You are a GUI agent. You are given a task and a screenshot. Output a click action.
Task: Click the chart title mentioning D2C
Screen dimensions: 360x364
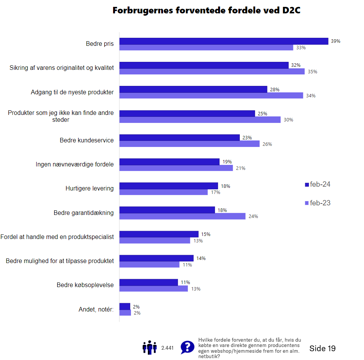coord(206,11)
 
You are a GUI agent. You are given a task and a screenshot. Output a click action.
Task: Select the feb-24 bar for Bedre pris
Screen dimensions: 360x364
coord(223,41)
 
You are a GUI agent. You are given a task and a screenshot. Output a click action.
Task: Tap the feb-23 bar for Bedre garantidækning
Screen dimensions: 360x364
coord(182,216)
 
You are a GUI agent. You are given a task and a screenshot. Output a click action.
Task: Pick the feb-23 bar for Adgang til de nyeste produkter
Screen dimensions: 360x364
coord(211,96)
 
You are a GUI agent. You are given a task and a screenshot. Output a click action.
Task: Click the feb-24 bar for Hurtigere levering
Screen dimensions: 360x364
coord(168,186)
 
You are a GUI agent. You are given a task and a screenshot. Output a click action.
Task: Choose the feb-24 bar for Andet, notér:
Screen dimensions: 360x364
coord(125,307)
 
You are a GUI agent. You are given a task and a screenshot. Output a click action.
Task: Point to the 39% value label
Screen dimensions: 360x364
coord(335,41)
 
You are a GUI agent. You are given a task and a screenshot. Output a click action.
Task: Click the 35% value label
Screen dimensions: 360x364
coord(312,72)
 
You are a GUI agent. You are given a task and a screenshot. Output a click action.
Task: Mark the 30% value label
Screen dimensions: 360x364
coord(288,120)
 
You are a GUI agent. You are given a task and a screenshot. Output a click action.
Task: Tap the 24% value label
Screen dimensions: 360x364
coord(253,216)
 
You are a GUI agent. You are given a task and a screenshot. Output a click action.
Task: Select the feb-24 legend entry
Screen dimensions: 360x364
coord(317,184)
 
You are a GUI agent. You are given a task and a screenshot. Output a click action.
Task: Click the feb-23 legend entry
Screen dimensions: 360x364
coord(317,203)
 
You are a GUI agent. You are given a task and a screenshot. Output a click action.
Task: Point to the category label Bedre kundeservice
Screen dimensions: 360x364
coord(87,140)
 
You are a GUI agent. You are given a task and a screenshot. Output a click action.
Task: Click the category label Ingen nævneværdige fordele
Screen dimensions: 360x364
coord(74,165)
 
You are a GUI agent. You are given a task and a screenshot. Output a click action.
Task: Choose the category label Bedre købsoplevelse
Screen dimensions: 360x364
coord(85,285)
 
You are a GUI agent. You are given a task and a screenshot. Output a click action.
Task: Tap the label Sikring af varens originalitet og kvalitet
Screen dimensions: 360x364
coord(61,68)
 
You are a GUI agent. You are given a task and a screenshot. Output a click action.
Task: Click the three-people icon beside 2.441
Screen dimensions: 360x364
coord(149,347)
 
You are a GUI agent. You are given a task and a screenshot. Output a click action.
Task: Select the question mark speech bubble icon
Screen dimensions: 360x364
coord(187,347)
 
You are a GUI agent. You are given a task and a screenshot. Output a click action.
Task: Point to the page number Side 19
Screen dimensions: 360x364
coord(322,348)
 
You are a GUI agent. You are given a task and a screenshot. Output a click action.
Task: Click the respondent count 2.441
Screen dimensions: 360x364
coord(167,348)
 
